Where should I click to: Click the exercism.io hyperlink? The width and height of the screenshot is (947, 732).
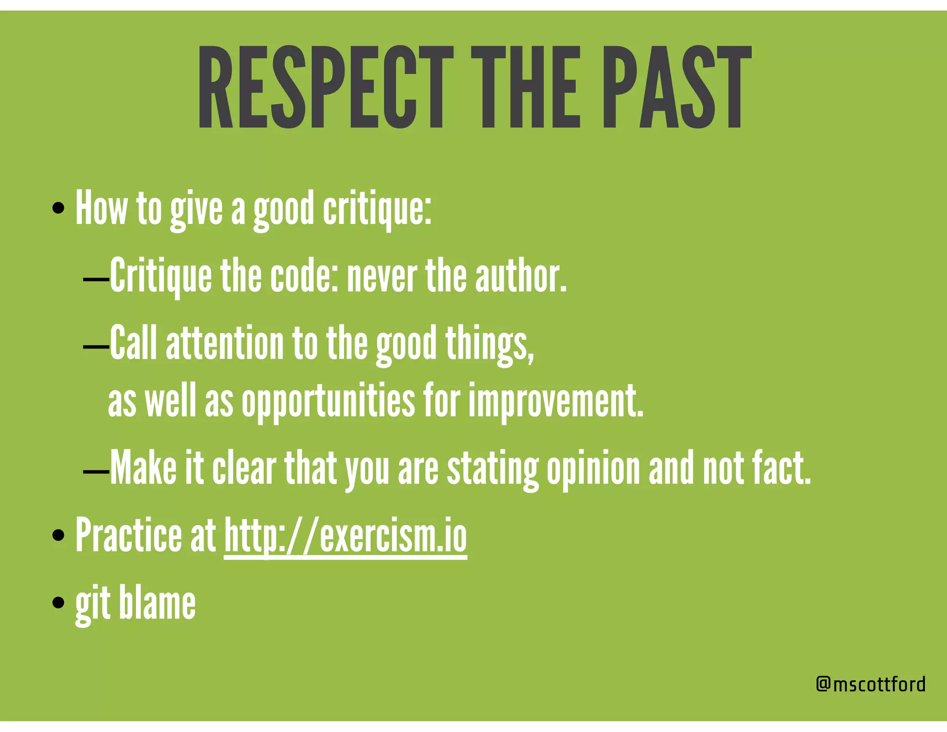(345, 537)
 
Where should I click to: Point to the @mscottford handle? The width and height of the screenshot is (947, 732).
(871, 684)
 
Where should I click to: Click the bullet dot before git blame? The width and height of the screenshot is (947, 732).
(58, 602)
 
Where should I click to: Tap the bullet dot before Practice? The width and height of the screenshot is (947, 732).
(58, 536)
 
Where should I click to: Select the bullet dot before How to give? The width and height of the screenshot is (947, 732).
(58, 208)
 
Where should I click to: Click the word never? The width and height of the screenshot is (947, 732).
(382, 276)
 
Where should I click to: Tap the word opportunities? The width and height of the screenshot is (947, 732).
(328, 400)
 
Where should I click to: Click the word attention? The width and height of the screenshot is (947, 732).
(224, 343)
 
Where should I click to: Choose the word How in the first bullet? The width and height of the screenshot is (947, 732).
(101, 208)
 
